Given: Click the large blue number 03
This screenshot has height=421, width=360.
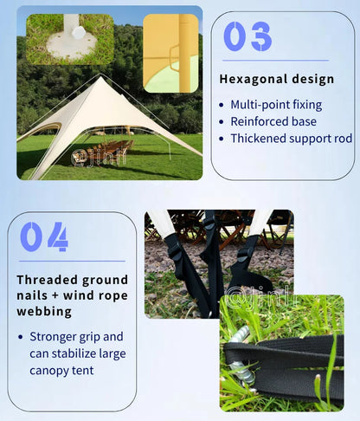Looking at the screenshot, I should (247, 36).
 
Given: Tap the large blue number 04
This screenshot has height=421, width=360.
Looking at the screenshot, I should (44, 236).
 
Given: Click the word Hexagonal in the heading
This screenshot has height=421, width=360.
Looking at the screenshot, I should (251, 79).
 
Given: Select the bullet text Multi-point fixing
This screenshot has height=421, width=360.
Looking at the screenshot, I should (275, 105).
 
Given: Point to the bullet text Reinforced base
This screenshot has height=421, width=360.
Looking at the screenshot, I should (273, 121).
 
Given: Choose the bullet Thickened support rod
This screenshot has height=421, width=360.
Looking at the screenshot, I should (291, 138).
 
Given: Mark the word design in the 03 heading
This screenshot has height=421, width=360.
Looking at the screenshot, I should (311, 79).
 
